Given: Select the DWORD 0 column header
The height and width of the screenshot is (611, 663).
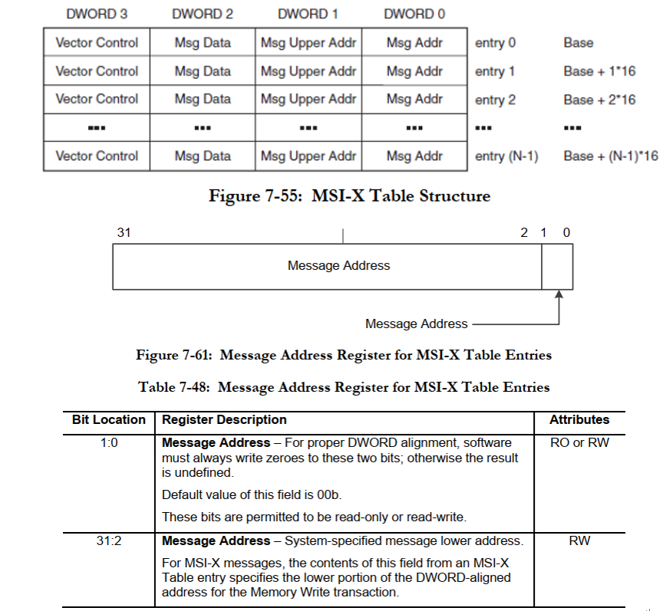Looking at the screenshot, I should click(414, 14).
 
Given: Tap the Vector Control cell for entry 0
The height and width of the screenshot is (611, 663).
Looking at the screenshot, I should click(97, 43).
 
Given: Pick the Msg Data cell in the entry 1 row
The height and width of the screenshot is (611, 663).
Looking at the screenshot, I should click(203, 71).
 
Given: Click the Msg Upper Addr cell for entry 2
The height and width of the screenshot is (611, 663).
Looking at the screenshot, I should click(308, 99).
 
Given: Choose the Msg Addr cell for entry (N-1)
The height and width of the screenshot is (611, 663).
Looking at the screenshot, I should click(414, 156).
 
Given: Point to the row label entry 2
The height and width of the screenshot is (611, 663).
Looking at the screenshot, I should click(495, 100).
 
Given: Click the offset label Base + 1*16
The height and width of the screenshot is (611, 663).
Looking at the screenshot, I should click(599, 71).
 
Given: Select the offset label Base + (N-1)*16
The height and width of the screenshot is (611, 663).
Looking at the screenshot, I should click(610, 156).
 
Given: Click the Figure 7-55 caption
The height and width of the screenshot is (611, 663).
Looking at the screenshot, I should click(349, 196).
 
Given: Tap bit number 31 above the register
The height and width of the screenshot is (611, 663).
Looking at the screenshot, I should click(124, 233).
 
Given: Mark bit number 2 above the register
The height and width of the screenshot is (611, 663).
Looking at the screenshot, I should click(524, 233).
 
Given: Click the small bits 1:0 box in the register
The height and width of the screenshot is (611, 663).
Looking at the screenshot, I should click(557, 266).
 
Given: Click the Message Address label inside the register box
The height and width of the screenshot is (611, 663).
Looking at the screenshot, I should click(338, 266).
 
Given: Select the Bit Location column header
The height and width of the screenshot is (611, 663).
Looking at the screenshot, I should click(109, 420).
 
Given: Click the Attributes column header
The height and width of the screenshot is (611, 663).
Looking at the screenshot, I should click(579, 420).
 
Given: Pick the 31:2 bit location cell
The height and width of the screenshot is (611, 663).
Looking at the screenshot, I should click(109, 541).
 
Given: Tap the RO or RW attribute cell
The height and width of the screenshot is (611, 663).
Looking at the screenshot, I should click(579, 442).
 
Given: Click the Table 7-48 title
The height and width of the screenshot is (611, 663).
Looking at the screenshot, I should click(344, 387).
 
